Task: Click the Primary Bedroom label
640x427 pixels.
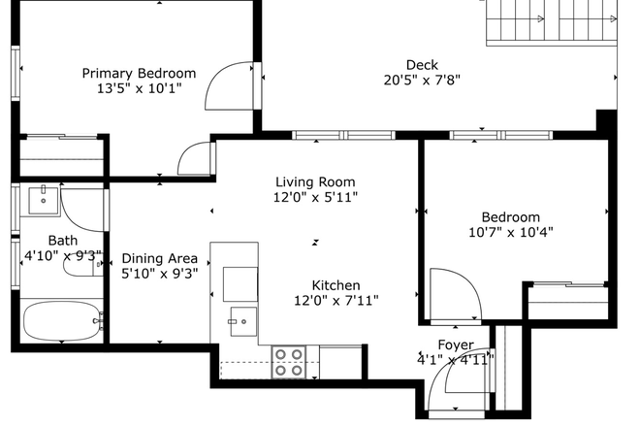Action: click(139, 73)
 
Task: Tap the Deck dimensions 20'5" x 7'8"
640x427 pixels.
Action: click(422, 81)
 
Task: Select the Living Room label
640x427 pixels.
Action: click(315, 181)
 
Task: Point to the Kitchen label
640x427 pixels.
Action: click(336, 285)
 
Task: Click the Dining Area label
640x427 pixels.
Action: click(159, 258)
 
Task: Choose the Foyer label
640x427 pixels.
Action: click(456, 345)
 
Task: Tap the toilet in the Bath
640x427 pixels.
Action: click(82, 264)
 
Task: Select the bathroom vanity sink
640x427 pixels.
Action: click(43, 201)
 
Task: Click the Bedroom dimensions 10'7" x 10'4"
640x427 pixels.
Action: click(511, 232)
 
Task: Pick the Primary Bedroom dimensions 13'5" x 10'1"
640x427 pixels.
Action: click(139, 88)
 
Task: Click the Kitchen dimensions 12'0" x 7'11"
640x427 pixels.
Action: click(336, 301)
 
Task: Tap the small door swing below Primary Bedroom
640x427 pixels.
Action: click(196, 159)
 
